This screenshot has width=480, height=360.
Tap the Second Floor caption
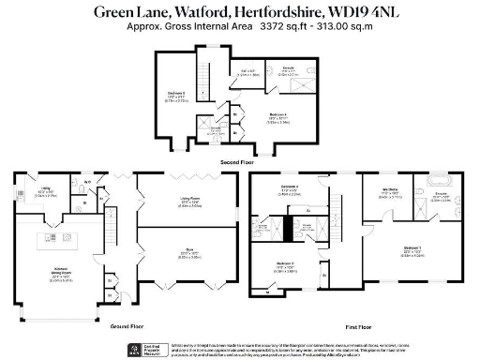[239, 161]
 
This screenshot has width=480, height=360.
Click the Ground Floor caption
[126, 325]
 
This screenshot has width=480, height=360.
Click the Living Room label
[191, 200]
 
